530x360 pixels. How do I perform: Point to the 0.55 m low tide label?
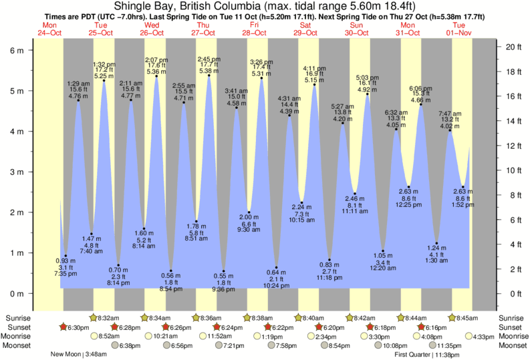tap(223, 276)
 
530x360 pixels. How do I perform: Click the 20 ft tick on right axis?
tap(513, 47)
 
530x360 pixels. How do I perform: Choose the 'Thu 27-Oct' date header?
tap(203, 29)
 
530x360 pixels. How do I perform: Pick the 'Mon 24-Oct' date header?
tap(49, 29)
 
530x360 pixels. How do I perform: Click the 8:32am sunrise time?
tap(108, 317)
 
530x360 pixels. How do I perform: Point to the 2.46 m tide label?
tap(354, 199)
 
